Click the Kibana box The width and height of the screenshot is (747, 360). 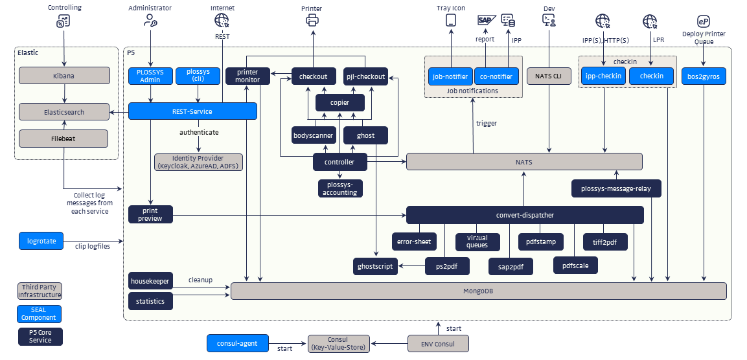pos(63,76)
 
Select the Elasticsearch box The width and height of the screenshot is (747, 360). pos(63,112)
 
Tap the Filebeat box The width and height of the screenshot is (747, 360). pos(63,138)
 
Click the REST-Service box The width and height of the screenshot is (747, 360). pos(192,111)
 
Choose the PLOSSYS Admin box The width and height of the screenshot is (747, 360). pos(150,76)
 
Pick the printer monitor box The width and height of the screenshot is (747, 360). pos(248,76)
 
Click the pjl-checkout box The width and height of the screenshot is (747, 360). pos(365,76)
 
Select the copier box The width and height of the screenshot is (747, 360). pos(340,102)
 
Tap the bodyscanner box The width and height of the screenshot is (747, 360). pos(314,135)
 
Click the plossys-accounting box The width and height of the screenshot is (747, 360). pos(340,188)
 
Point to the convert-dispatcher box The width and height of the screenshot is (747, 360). pos(525,215)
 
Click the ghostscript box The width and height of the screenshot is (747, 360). pos(376,266)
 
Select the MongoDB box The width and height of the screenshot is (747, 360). pos(478,291)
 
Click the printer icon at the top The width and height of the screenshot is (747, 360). pos(312,20)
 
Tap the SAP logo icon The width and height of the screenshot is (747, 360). pos(485,20)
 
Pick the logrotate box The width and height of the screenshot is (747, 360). pos(41,242)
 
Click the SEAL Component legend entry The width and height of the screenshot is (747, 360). pos(40,314)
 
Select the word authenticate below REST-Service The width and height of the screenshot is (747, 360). pos(199,132)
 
